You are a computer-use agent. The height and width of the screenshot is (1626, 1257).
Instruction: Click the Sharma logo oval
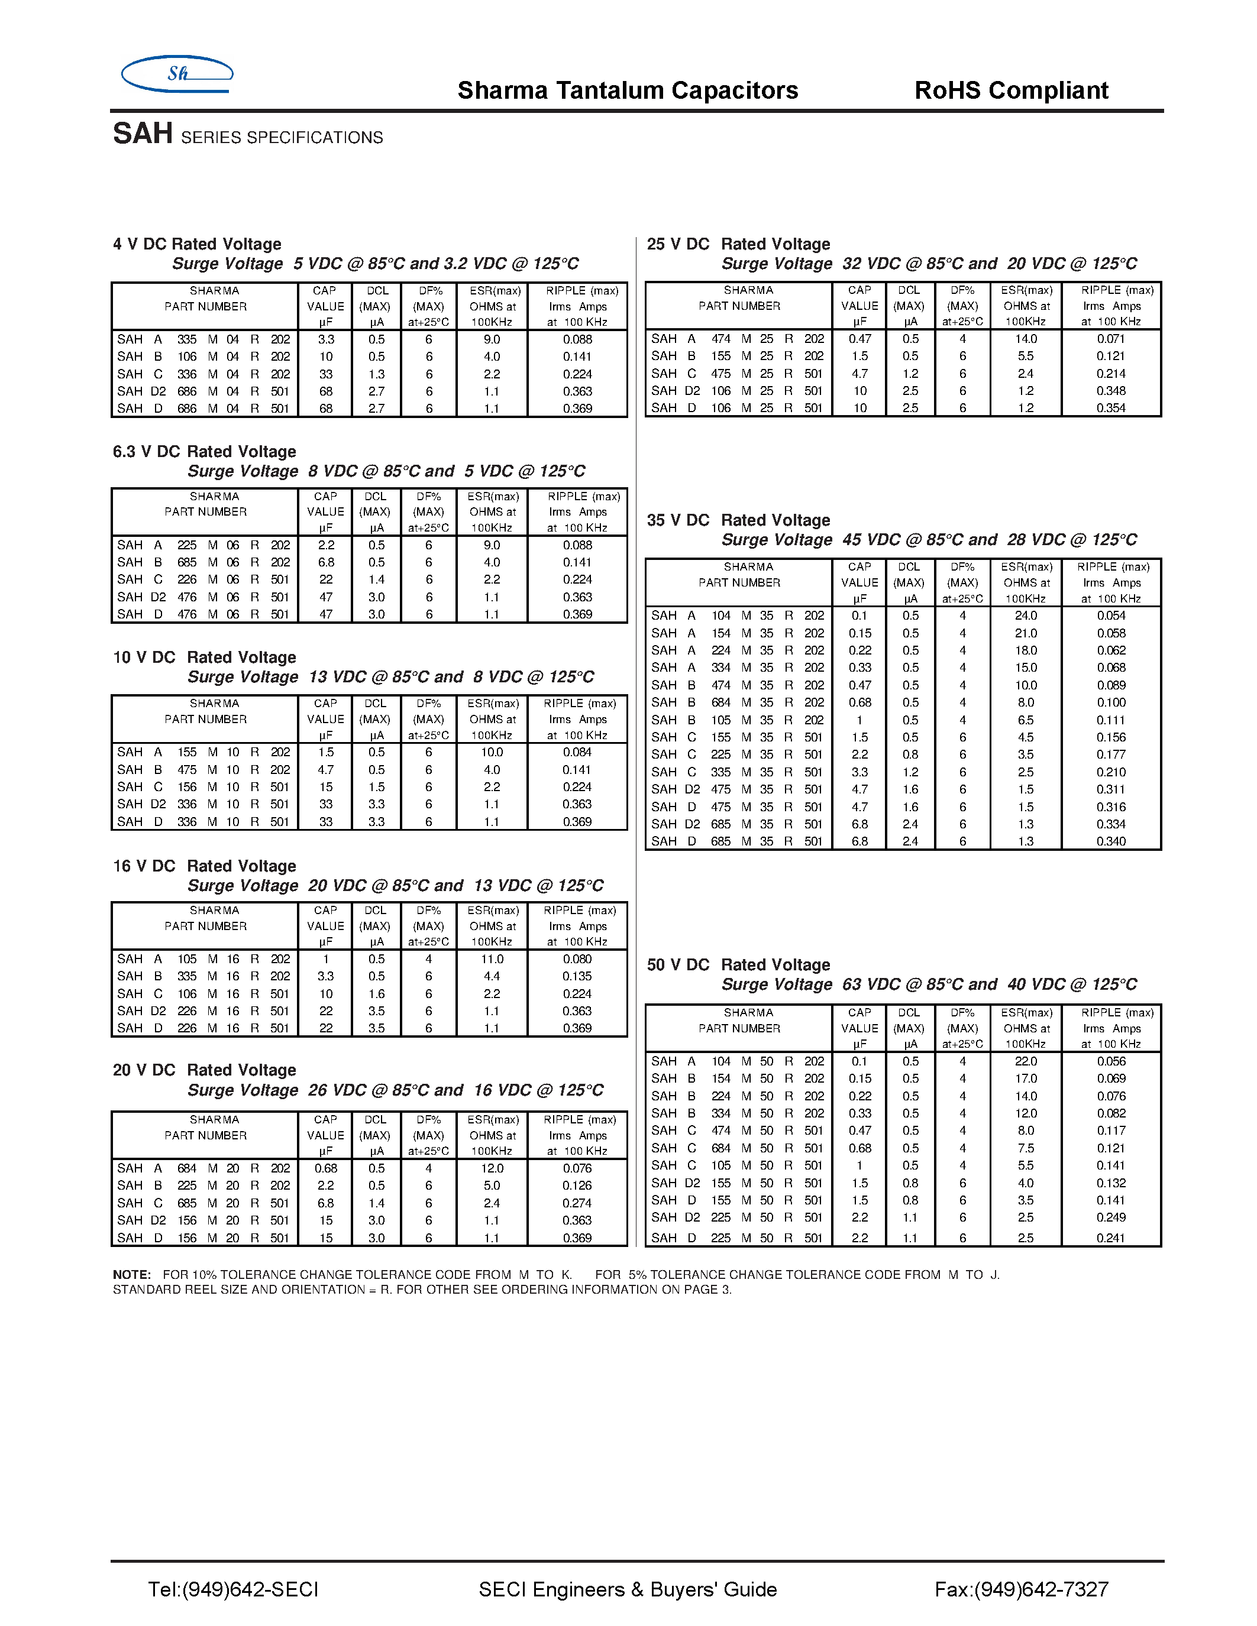tap(177, 73)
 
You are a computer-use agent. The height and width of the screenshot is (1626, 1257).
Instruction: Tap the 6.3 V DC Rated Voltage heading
tap(204, 452)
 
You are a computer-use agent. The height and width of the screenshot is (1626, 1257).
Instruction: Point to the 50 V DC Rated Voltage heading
tap(738, 965)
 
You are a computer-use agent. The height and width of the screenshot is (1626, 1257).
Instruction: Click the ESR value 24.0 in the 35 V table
tap(1025, 616)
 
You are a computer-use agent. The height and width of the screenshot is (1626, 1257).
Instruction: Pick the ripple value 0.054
tap(1111, 616)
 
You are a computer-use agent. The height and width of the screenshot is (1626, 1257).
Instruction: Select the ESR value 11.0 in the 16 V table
tap(492, 959)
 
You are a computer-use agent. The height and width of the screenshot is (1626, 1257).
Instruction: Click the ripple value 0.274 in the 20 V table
tap(577, 1203)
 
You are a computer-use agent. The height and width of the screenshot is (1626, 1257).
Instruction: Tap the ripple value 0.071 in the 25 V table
tap(1110, 339)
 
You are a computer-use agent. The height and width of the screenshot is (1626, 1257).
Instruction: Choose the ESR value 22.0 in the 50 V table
tap(1025, 1062)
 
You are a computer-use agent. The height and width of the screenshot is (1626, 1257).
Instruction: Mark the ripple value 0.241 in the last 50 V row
tap(1110, 1238)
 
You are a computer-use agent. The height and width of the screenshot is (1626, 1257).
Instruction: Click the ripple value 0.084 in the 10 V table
tap(577, 752)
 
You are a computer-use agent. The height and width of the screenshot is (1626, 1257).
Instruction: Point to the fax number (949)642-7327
tap(1021, 1589)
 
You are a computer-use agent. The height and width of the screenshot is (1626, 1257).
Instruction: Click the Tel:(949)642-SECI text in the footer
tap(233, 1589)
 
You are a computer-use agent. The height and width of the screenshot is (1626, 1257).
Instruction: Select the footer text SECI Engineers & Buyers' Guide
tap(628, 1589)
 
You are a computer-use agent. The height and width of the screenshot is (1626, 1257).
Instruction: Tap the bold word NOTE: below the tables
tap(132, 1275)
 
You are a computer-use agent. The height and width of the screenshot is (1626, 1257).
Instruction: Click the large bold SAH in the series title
tap(143, 134)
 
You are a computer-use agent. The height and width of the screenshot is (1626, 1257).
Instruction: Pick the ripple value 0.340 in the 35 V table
tap(1111, 841)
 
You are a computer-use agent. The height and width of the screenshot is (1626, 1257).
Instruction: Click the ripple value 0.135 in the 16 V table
tap(577, 976)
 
